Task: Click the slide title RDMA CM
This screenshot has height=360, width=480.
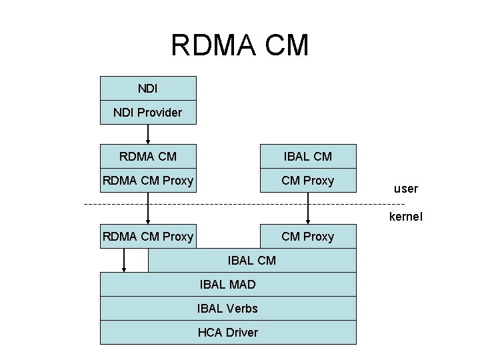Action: coord(239,45)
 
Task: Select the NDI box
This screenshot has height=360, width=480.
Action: coord(148,88)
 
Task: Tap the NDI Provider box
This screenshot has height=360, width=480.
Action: coord(148,112)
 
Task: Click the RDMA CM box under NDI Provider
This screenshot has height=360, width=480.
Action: coord(148,157)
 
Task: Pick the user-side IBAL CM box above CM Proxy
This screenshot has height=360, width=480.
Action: coord(307,157)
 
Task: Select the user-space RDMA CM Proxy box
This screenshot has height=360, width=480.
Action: coord(148,181)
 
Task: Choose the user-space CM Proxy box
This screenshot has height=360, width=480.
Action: coord(307,181)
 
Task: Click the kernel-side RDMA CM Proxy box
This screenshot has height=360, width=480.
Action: coord(148,236)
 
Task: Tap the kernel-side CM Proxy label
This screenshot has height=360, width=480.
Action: coord(307,236)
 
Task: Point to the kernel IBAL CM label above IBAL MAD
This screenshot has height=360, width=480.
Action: coord(251,260)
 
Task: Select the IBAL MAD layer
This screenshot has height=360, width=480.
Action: coord(228,285)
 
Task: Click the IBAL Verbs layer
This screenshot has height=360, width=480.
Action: coord(228,308)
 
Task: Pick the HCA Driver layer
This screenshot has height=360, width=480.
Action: coord(228,332)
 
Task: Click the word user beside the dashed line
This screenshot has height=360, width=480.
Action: coord(405,189)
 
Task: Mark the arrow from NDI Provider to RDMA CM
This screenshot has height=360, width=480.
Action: coord(148,134)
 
